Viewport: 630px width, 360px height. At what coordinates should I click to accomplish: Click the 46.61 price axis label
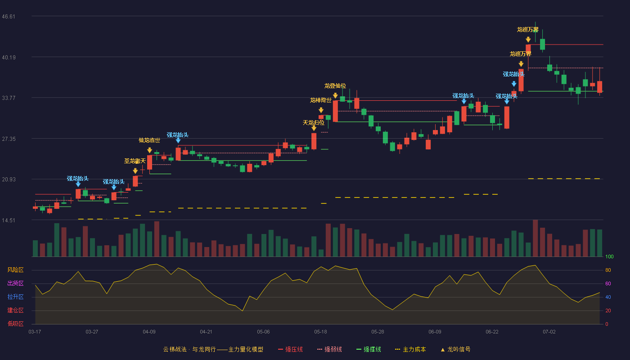[9, 17]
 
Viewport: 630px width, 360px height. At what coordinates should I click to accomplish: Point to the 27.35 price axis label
[9, 139]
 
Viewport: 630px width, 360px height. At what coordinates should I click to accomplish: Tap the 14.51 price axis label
[9, 220]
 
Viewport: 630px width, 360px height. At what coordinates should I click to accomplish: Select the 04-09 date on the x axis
[149, 332]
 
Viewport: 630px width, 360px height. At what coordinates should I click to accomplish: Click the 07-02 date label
[549, 332]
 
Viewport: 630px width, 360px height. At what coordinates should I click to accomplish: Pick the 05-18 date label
[320, 332]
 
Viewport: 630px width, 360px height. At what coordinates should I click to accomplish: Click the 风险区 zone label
[15, 270]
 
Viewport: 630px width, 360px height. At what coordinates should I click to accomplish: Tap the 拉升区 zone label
[15, 297]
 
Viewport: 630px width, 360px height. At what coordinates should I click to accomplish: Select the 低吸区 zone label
[15, 324]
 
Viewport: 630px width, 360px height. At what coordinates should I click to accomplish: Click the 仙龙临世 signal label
[149, 140]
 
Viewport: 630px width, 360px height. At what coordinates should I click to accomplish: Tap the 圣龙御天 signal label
[135, 161]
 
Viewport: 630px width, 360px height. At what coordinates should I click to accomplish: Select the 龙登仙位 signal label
[335, 86]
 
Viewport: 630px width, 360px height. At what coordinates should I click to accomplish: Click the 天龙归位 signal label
[314, 122]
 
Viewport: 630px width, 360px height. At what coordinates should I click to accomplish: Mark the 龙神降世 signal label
[320, 100]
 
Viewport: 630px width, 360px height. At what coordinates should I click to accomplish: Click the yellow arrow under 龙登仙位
[335, 95]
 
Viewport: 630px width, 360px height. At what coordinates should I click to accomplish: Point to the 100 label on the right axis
[609, 256]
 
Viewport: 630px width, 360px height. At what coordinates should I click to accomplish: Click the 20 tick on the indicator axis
[608, 311]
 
